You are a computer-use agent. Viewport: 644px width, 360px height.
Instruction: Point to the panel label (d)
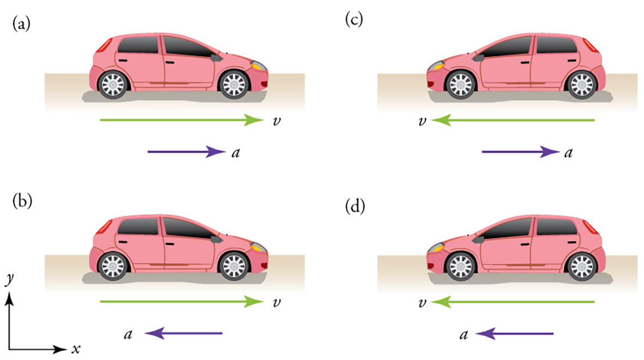pos(355,208)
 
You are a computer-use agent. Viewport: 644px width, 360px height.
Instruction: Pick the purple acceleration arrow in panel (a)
pos(186,152)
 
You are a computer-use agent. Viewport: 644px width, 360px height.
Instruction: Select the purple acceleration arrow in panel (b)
pos(186,333)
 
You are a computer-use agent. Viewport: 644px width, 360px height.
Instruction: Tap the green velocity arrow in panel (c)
pos(513,120)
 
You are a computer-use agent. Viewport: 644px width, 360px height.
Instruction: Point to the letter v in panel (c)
pos(421,121)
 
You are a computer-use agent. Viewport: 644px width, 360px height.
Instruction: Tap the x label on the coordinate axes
pos(76,349)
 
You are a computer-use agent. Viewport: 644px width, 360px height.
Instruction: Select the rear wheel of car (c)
pos(580,85)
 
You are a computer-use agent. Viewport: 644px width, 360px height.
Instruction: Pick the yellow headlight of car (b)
pos(258,247)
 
